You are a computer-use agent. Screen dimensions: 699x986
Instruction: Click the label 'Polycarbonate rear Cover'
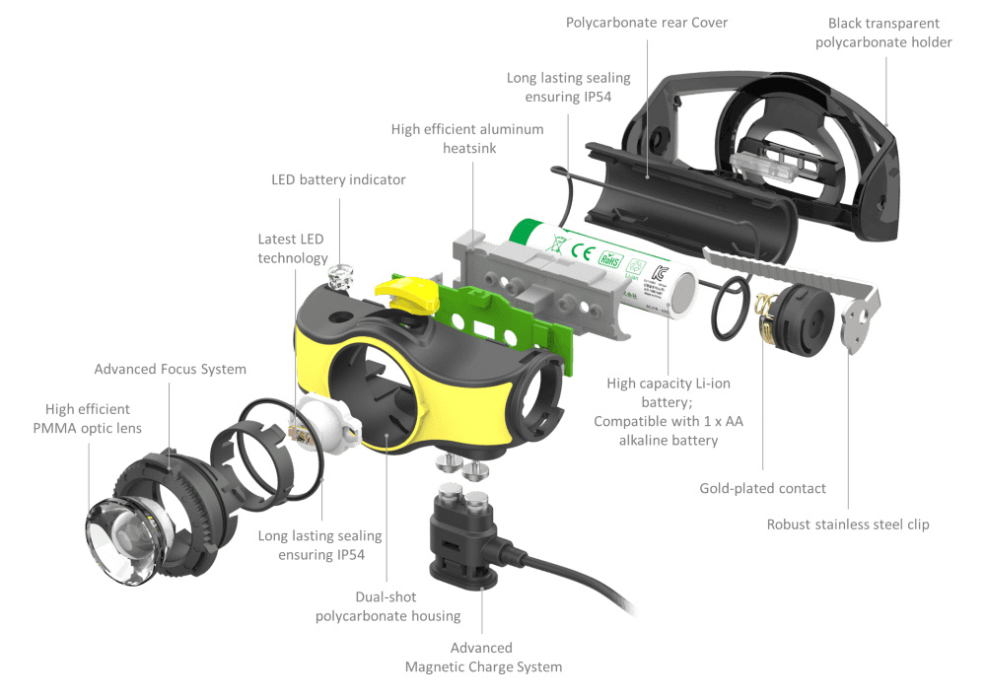(x=647, y=23)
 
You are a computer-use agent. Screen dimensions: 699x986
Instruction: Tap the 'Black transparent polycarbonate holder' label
(x=883, y=33)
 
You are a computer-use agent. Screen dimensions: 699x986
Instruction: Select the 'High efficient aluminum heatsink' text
(x=467, y=138)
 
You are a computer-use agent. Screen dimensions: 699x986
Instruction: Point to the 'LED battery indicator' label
(x=338, y=179)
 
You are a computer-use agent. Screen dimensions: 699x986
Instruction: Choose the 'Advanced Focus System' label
(x=170, y=369)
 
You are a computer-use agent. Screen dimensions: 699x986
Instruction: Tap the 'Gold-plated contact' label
(x=762, y=488)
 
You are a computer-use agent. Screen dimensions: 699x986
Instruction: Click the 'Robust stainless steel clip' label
(x=848, y=524)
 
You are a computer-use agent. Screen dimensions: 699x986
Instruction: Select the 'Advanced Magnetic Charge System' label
(x=482, y=657)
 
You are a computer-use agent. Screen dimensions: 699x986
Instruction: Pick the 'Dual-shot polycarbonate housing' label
(x=387, y=606)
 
